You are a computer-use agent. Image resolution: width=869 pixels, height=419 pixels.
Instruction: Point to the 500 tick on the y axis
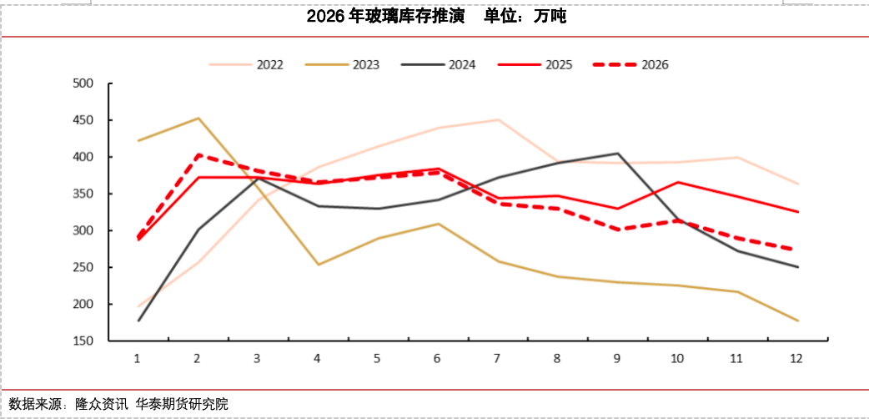(83, 83)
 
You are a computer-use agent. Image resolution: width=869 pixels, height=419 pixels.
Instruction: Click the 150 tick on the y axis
(83, 341)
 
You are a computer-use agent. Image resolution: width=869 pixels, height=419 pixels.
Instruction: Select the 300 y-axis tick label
(83, 230)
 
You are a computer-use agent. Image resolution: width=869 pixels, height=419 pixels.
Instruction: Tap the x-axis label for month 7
(497, 358)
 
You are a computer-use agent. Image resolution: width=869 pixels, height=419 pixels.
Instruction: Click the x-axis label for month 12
(796, 358)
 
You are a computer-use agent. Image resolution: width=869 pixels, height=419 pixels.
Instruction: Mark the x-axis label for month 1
(138, 358)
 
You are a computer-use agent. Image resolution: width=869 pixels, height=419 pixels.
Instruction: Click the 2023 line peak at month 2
(198, 119)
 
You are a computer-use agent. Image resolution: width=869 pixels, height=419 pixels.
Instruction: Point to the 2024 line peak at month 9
(617, 154)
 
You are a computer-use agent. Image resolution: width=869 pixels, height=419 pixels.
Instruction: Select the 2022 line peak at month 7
(497, 120)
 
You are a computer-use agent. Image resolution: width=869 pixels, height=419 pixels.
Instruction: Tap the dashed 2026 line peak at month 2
(198, 154)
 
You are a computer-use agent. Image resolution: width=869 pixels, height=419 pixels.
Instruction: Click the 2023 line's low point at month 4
(318, 265)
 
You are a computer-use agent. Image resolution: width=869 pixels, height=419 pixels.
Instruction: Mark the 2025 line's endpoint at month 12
(797, 212)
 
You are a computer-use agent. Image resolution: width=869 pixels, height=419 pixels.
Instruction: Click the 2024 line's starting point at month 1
(138, 321)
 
